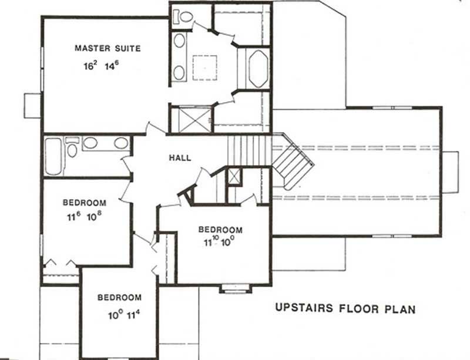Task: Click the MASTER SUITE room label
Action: pos(108,48)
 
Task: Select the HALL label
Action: pos(180,158)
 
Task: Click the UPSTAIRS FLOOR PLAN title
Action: pos(345,308)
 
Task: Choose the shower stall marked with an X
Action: pos(191,119)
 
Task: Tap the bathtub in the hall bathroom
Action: pos(53,156)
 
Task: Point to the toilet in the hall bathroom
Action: pos(72,148)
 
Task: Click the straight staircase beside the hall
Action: pos(249,150)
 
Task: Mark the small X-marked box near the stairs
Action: pos(234,176)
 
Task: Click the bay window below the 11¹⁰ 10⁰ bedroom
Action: pos(236,288)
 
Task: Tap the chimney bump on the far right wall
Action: pos(449,171)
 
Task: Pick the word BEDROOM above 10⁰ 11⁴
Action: pos(119,297)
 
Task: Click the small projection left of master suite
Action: pos(32,105)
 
